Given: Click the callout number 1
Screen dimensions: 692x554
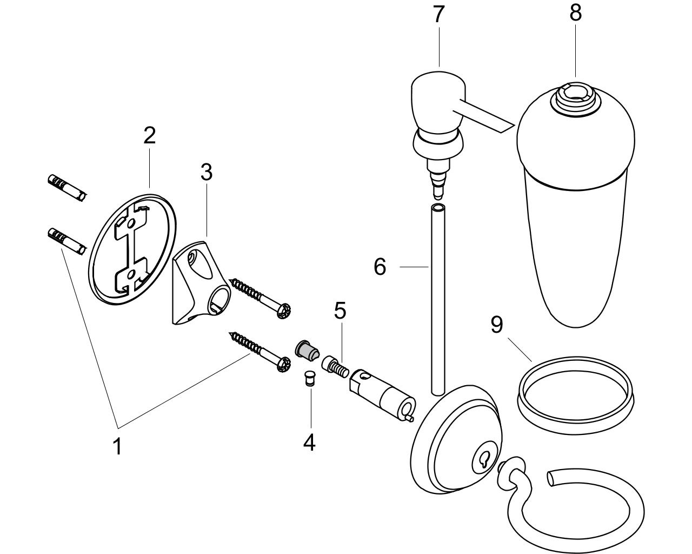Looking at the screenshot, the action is tap(118, 446).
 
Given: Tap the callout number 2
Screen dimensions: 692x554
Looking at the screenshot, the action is tap(150, 135).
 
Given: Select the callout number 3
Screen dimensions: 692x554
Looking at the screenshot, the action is tap(207, 172).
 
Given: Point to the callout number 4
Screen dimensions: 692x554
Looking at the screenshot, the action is tap(309, 442).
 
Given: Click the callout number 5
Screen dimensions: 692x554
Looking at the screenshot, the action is tap(340, 311).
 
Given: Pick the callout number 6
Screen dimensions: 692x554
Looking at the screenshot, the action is tap(380, 267).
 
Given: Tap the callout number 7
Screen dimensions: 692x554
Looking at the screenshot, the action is tap(438, 14).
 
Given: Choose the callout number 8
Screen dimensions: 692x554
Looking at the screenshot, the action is tap(575, 13).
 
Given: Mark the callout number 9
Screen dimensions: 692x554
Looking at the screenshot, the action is tap(496, 325).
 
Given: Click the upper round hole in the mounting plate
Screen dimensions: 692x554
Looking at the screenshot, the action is tap(131, 223).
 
